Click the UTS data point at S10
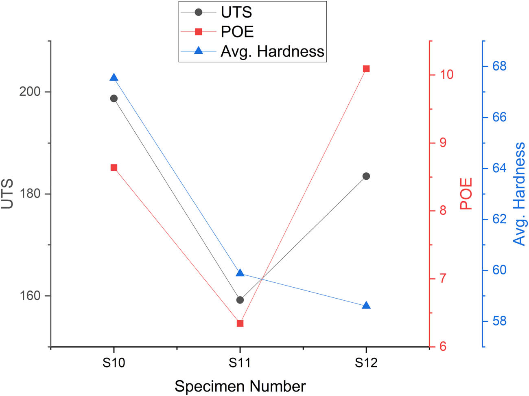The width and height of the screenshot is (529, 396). click(x=114, y=99)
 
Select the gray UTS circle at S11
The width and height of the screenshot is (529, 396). click(x=240, y=300)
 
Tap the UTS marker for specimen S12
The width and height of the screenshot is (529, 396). click(x=366, y=176)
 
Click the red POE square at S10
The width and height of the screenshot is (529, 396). click(x=114, y=167)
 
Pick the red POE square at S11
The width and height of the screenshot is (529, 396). click(x=240, y=323)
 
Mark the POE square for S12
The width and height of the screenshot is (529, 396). click(x=366, y=68)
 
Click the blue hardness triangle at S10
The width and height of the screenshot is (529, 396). click(x=114, y=78)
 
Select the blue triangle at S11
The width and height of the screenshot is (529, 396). click(x=240, y=273)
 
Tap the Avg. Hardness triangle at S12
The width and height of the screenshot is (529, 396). click(x=366, y=306)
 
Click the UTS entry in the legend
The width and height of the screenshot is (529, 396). click(x=236, y=12)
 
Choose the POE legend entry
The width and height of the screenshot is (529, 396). click(x=237, y=32)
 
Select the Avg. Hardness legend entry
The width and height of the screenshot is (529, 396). click(x=272, y=51)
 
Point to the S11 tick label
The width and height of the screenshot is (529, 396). click(x=240, y=362)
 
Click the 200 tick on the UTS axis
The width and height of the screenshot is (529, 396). click(x=30, y=92)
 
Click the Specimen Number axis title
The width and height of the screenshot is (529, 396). click(x=240, y=386)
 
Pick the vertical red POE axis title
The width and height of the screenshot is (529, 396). click(x=466, y=194)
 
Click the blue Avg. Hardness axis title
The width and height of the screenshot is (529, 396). click(x=519, y=194)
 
